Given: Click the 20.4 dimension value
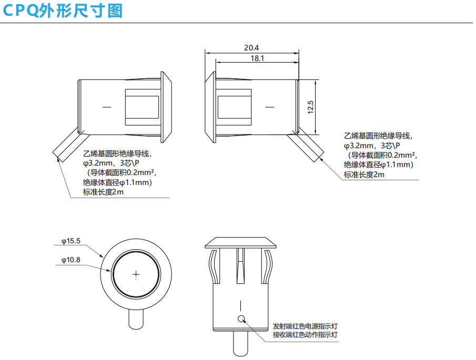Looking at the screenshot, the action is click(x=251, y=47).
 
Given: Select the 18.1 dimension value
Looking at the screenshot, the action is click(x=257, y=58).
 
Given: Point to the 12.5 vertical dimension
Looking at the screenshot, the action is click(x=310, y=107).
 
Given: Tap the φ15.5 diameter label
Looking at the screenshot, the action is click(x=70, y=241).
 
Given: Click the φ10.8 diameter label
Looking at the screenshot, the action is click(x=70, y=260).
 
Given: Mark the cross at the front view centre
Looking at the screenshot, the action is click(x=136, y=274).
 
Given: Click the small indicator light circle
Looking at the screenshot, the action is click(x=241, y=319).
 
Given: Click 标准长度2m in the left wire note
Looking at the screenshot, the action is click(x=104, y=192).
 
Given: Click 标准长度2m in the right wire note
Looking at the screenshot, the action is click(x=364, y=174).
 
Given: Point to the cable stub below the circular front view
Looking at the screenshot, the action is click(x=136, y=318).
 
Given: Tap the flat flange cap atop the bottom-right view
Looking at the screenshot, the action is click(x=241, y=242).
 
